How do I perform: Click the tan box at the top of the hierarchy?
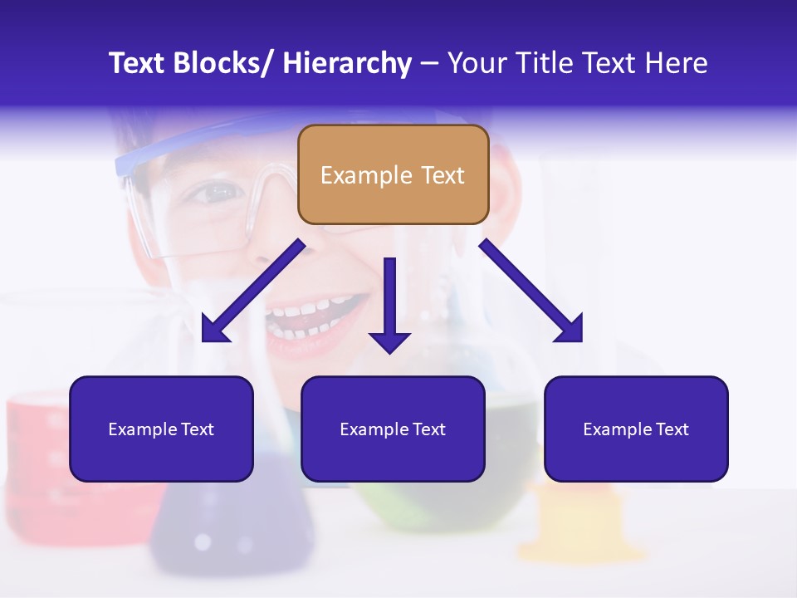[393, 174]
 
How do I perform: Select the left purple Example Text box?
[161, 429]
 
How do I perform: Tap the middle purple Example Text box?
[393, 429]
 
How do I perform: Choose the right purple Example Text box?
[636, 429]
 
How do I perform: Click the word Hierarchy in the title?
[347, 63]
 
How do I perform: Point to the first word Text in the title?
[136, 63]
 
